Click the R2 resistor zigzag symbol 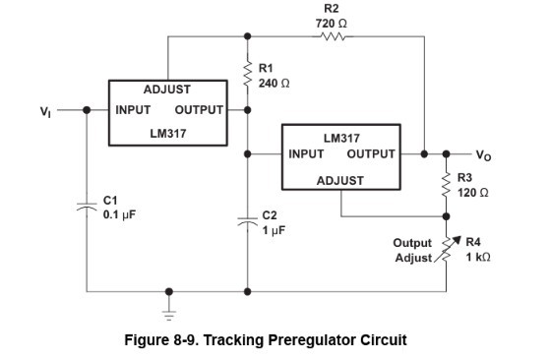pyautogui.click(x=333, y=36)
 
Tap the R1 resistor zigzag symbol pyautogui.click(x=248, y=74)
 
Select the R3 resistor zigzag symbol pyautogui.click(x=446, y=185)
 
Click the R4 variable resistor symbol pyautogui.click(x=448, y=249)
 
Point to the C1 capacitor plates pyautogui.click(x=87, y=206)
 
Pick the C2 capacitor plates pyautogui.click(x=248, y=221)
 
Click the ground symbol pyautogui.click(x=169, y=315)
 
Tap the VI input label pyautogui.click(x=45, y=112)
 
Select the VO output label pyautogui.click(x=483, y=155)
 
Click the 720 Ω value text pyautogui.click(x=332, y=24)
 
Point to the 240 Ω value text pyautogui.click(x=274, y=84)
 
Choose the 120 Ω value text pyautogui.click(x=473, y=193)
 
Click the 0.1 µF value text pyautogui.click(x=119, y=214)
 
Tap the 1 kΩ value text pyautogui.click(x=478, y=258)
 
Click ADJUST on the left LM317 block pyautogui.click(x=167, y=90)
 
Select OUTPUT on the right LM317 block pyautogui.click(x=371, y=154)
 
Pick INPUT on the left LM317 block pyautogui.click(x=133, y=110)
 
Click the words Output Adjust pyautogui.click(x=412, y=251)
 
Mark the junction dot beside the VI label pyautogui.click(x=87, y=110)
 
